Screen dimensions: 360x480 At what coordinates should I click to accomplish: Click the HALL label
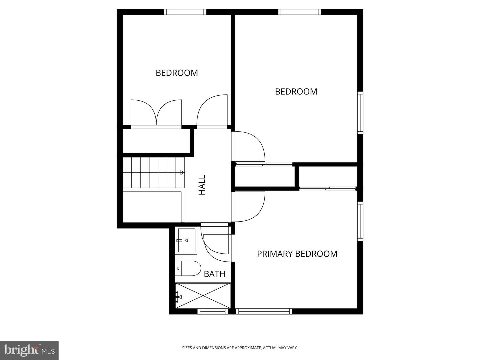tap(202, 185)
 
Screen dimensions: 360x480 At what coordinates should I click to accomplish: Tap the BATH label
tap(214, 274)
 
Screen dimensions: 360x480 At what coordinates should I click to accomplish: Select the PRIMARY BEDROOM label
tap(297, 254)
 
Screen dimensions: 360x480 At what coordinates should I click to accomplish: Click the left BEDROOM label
tap(177, 73)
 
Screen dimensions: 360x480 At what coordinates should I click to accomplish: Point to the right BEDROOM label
tap(296, 92)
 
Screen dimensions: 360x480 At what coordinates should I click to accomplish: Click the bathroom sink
tap(186, 240)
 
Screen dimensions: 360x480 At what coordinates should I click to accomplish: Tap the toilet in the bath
tap(189, 268)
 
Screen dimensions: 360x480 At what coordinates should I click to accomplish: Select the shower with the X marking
tap(203, 296)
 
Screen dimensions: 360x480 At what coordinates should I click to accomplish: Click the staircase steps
tap(153, 172)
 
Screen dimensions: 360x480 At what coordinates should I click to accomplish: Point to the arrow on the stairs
tap(182, 172)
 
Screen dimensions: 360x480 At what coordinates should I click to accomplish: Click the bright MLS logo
tap(29, 350)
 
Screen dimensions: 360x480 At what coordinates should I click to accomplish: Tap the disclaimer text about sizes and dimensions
tap(240, 348)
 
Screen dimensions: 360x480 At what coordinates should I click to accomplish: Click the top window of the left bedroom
tap(185, 12)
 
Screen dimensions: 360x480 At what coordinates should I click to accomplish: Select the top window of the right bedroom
tap(300, 12)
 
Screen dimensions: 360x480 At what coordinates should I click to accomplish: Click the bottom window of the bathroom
tap(212, 311)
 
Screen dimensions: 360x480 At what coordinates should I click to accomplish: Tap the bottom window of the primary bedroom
tap(264, 311)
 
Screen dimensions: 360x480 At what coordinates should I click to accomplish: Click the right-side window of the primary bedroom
tap(360, 221)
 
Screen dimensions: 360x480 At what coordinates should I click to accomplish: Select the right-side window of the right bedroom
tap(360, 113)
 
